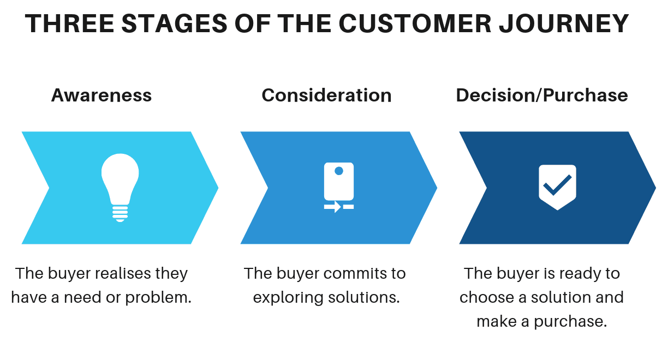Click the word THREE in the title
click(69, 23)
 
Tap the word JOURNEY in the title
click(564, 23)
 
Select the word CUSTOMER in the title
click(415, 23)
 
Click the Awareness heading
click(102, 95)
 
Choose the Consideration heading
click(326, 95)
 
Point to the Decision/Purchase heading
click(542, 95)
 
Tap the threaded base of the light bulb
click(120, 214)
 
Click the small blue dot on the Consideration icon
click(339, 171)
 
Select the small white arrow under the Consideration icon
click(333, 207)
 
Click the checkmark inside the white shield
click(557, 185)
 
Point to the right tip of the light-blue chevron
click(218, 188)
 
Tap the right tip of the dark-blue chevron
click(656, 188)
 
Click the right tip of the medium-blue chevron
click(437, 188)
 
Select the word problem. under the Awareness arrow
click(158, 297)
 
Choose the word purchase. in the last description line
click(570, 322)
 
